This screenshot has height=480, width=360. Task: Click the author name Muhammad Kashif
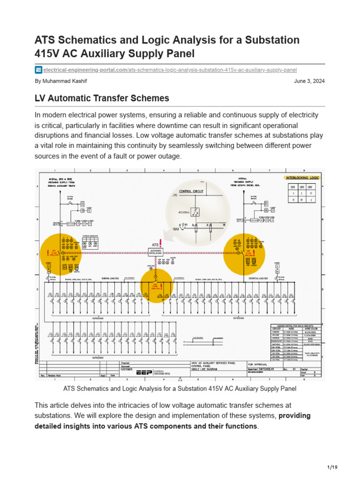pyautogui.click(x=61, y=81)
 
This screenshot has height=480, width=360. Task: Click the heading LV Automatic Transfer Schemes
pyautogui.click(x=102, y=99)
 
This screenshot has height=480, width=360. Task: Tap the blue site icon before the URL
pyautogui.click(x=38, y=70)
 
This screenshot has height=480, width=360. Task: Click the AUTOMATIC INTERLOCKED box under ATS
pyautogui.click(x=155, y=252)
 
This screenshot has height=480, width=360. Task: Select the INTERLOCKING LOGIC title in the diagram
pyautogui.click(x=302, y=178)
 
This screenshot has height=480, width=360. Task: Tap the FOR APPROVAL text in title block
pyautogui.click(x=257, y=364)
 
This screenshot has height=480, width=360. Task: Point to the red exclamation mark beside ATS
pyautogui.click(x=161, y=242)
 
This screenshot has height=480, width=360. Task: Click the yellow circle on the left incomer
pyautogui.click(x=54, y=252)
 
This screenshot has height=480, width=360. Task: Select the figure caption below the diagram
pyautogui.click(x=180, y=389)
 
